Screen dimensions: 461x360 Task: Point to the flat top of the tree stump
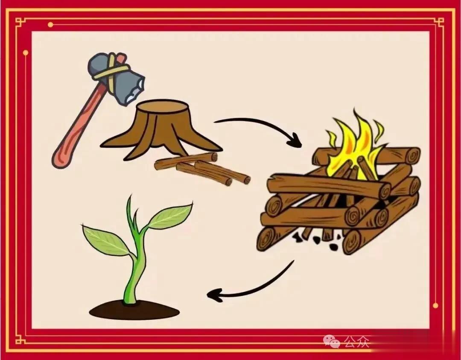(x=158, y=105)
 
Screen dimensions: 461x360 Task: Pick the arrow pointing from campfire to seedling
(x=252, y=284)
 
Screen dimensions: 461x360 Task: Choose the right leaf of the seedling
(x=171, y=216)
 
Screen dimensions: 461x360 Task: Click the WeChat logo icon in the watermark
(x=332, y=340)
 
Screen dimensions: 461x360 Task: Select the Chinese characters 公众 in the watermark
(x=356, y=341)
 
